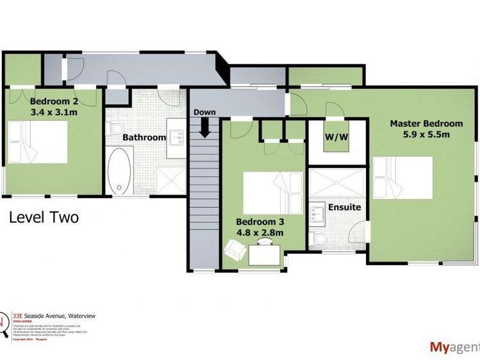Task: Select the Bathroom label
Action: tap(144, 137)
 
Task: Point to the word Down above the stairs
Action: tap(205, 112)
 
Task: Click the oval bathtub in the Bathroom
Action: tap(119, 170)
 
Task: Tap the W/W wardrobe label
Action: tap(335, 136)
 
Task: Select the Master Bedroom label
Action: tap(426, 124)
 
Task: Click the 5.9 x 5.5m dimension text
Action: tap(426, 135)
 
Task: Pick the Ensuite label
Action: tap(345, 208)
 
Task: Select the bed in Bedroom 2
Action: tap(37, 142)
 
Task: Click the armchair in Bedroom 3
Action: tap(234, 248)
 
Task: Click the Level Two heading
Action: tap(44, 218)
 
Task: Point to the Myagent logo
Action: tap(454, 347)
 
